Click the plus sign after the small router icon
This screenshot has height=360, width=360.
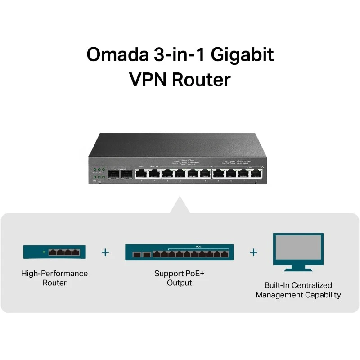coord(105,252)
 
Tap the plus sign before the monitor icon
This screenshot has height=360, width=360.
coord(253,252)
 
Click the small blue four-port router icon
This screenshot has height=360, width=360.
coord(54,252)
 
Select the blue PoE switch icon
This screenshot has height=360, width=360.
coord(180,252)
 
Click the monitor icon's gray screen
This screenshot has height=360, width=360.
coord(298,249)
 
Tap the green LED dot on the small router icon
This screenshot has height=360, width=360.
coord(44,252)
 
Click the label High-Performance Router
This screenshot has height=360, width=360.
coord(54,278)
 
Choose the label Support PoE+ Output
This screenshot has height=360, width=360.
coord(180,278)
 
